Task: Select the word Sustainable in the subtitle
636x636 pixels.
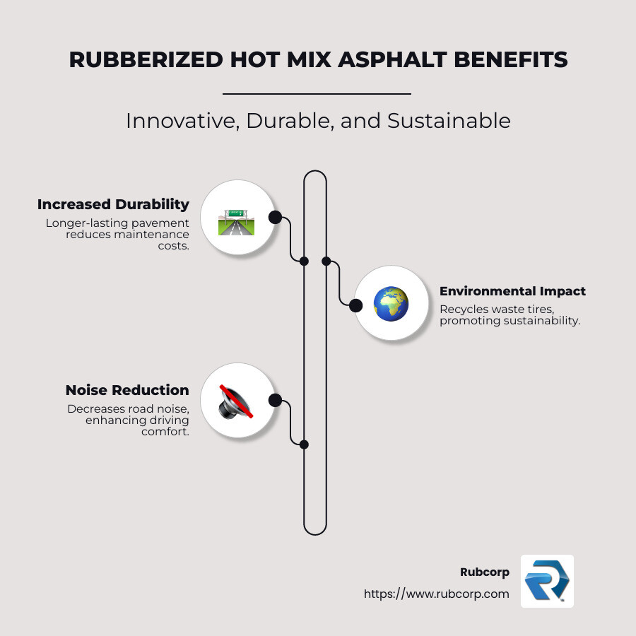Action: (449, 121)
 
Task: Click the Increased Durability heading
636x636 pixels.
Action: (113, 204)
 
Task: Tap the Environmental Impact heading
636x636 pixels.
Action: (512, 291)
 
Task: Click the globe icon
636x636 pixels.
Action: (391, 304)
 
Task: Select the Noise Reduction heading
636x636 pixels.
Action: (127, 390)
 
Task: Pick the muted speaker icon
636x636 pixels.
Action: (236, 401)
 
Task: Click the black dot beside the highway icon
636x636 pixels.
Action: (275, 217)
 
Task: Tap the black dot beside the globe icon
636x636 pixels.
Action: (356, 305)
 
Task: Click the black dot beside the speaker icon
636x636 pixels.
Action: (275, 400)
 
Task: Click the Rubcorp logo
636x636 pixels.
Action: (547, 581)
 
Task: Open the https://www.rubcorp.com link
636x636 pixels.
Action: (436, 594)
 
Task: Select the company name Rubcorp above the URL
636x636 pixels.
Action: (484, 572)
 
